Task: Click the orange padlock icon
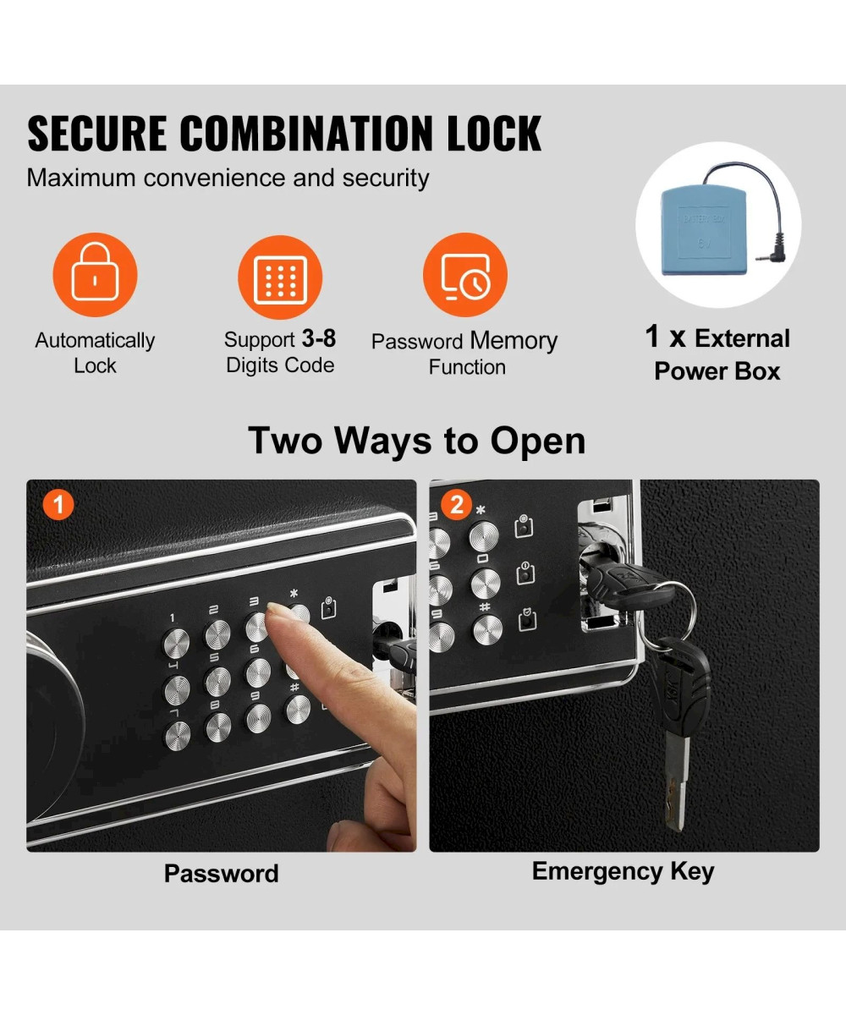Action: (95, 275)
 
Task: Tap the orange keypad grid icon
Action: (280, 277)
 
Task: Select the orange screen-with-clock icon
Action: (465, 275)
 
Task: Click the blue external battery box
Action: (704, 229)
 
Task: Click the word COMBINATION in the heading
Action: (307, 134)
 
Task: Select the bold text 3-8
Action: (318, 338)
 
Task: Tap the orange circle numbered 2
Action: (456, 505)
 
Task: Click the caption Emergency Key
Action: (623, 871)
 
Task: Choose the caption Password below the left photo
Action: (221, 873)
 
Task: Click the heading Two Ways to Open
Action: (417, 441)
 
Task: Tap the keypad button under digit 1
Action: (176, 643)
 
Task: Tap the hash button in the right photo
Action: (487, 629)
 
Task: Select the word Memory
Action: (514, 340)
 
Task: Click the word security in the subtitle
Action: (386, 178)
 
